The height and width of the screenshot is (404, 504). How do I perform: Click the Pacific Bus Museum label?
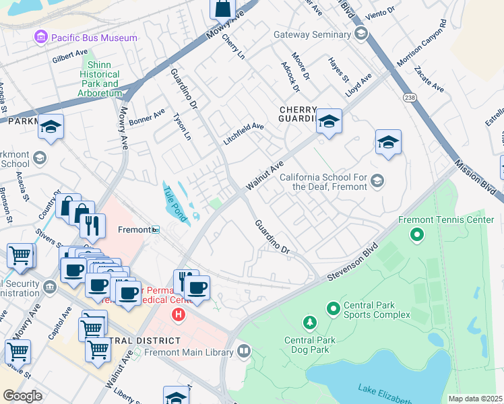pyautogui.click(x=94, y=38)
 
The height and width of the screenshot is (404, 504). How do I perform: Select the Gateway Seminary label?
pyautogui.click(x=313, y=35)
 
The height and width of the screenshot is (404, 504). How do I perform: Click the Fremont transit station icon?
pyautogui.click(x=155, y=230)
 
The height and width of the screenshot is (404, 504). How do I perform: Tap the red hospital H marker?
pyautogui.click(x=179, y=314)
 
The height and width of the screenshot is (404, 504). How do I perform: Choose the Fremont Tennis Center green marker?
pyautogui.click(x=417, y=235)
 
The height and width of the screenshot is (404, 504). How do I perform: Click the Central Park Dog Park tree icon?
pyautogui.click(x=309, y=324)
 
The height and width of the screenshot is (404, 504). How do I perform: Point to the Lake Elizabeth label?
pyautogui.click(x=384, y=391)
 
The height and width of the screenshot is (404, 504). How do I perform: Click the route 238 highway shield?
pyautogui.click(x=410, y=98)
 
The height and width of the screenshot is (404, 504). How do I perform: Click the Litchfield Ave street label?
pyautogui.click(x=243, y=134)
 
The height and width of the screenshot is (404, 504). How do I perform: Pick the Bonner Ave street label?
pyautogui.click(x=148, y=119)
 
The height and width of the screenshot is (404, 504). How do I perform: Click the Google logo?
pyautogui.click(x=22, y=396)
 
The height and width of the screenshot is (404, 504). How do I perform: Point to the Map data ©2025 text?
pyautogui.click(x=475, y=399)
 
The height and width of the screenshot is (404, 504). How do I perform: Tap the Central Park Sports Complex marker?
pyautogui.click(x=332, y=309)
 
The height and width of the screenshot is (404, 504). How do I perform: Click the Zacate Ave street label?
pyautogui.click(x=429, y=79)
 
